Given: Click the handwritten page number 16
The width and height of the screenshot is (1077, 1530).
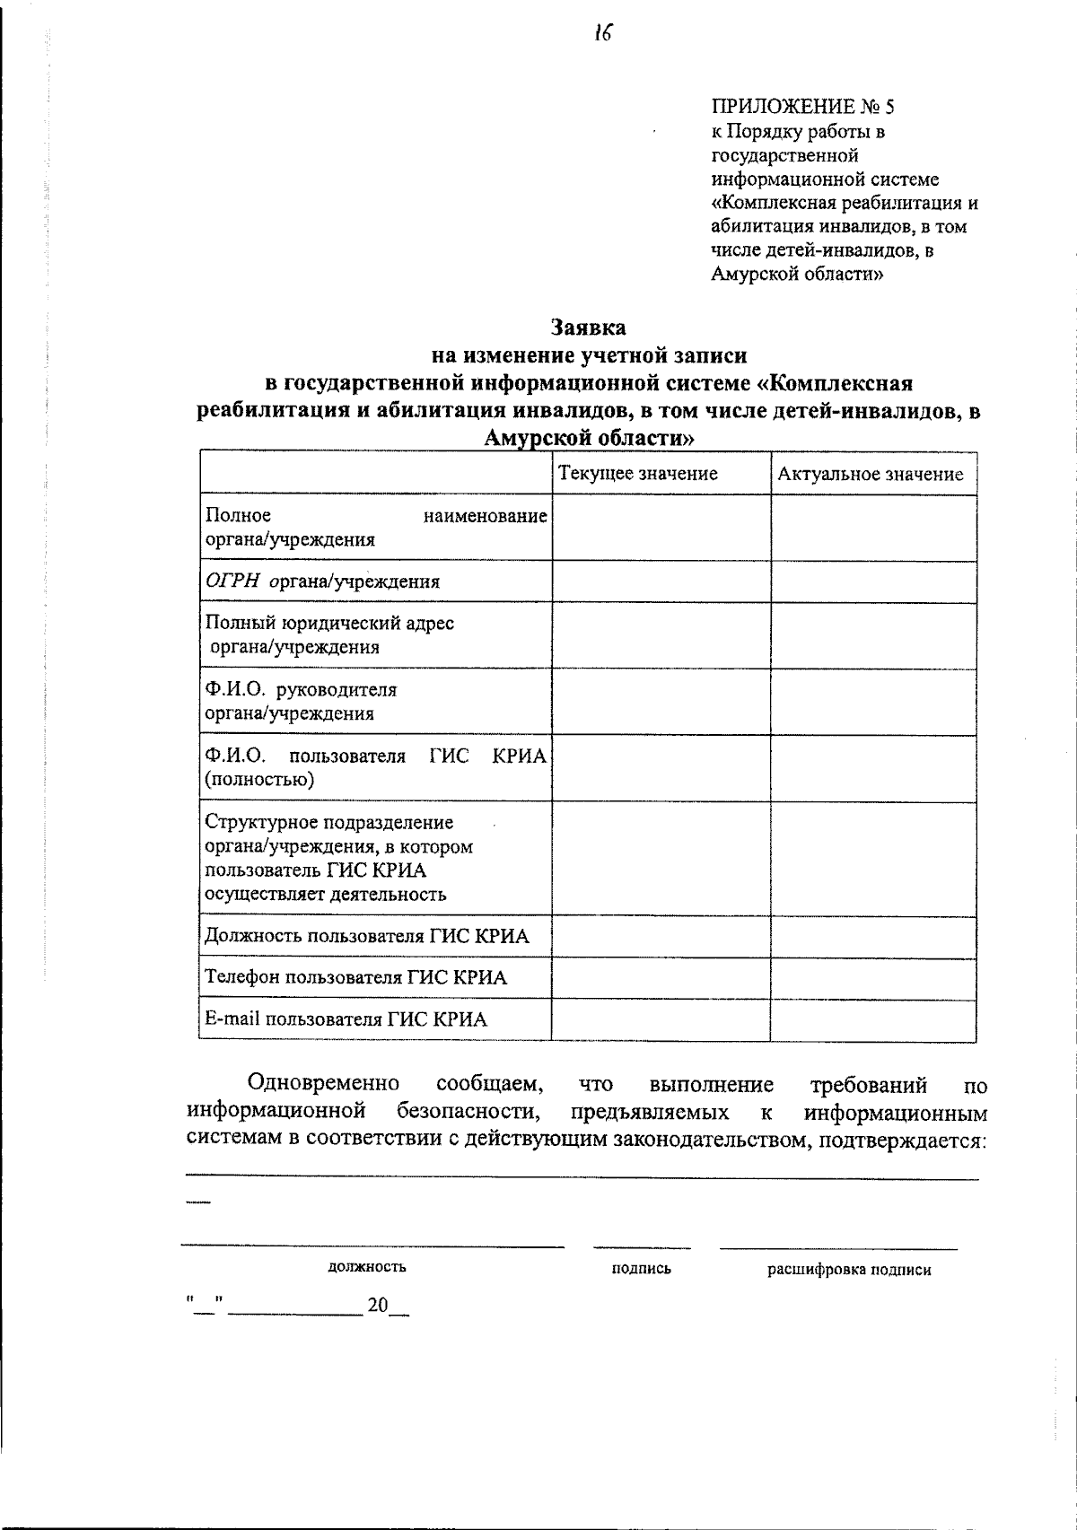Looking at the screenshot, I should coord(601,34).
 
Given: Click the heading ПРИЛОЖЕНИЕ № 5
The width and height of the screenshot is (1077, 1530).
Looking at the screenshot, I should coord(802,108).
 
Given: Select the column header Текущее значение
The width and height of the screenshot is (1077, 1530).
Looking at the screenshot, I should coord(638,474).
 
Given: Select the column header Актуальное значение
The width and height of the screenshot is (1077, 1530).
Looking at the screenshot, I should coord(870,475).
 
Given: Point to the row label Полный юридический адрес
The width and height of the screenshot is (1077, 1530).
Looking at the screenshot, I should coord(329,623).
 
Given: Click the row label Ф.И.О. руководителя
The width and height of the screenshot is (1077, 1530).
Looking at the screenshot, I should coord(301,690).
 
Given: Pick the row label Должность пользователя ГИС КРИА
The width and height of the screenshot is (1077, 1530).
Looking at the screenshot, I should coord(366,937).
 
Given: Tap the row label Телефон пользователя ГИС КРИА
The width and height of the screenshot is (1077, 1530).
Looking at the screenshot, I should coord(355,977).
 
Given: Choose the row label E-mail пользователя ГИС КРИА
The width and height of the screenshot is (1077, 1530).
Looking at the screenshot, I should coord(346,1019).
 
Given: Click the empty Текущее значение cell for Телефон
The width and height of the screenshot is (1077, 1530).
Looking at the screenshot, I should coord(661,978).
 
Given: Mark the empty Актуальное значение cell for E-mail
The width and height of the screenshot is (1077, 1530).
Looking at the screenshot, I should coord(872,1019).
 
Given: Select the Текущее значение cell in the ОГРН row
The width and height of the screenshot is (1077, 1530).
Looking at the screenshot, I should coord(661,581).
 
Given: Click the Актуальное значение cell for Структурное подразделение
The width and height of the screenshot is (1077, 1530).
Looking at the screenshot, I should coord(872,859).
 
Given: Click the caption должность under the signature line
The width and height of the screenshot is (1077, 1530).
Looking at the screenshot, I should coord(366,1267).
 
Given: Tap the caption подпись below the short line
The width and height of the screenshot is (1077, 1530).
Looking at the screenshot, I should coord(641,1269).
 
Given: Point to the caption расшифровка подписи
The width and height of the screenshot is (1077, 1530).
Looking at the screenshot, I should coord(848,1270).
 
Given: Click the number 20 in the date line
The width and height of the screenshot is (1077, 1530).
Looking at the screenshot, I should coord(376,1306).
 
